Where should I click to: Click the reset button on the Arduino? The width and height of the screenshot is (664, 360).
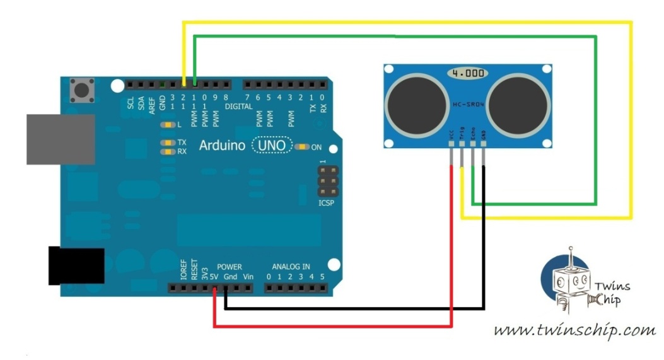pos(82,90)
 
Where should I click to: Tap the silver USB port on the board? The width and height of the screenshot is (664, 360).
pos(60,140)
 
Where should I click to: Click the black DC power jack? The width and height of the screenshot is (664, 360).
pos(76,265)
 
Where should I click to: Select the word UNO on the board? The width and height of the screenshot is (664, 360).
pos(272,146)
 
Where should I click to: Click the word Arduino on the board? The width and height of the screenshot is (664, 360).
pos(222,146)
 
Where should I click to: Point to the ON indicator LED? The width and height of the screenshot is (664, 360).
pos(303,147)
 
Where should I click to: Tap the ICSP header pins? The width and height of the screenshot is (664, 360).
pos(325,182)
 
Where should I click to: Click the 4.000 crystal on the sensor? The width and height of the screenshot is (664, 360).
pos(468,73)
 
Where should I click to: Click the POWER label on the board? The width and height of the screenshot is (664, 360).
pos(229,267)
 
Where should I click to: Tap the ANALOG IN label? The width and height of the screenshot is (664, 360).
pos(291,267)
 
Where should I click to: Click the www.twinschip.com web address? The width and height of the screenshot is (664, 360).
pos(574,330)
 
